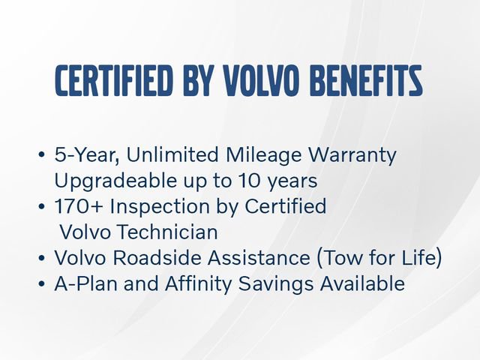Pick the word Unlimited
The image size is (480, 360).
(169, 156)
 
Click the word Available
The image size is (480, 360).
(363, 283)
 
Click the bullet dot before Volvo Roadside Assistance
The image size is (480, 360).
(41, 259)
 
